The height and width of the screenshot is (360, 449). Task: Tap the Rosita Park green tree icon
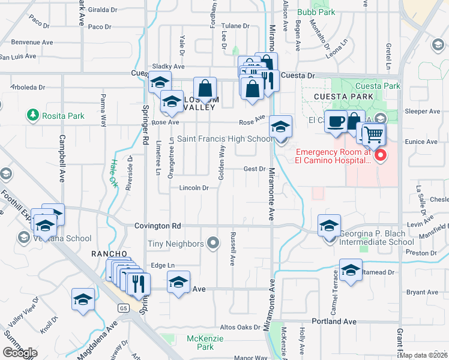click(x=33, y=115)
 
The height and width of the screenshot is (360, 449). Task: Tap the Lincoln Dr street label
click(x=193, y=188)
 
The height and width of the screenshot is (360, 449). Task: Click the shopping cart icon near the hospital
click(x=373, y=134)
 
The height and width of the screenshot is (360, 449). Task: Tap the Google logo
click(x=20, y=353)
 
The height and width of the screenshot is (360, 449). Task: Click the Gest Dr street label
click(x=254, y=169)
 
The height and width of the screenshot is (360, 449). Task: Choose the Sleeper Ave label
click(x=423, y=112)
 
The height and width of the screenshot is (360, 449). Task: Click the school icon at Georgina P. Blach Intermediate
click(x=329, y=226)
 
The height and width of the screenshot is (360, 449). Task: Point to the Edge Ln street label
click(x=162, y=265)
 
